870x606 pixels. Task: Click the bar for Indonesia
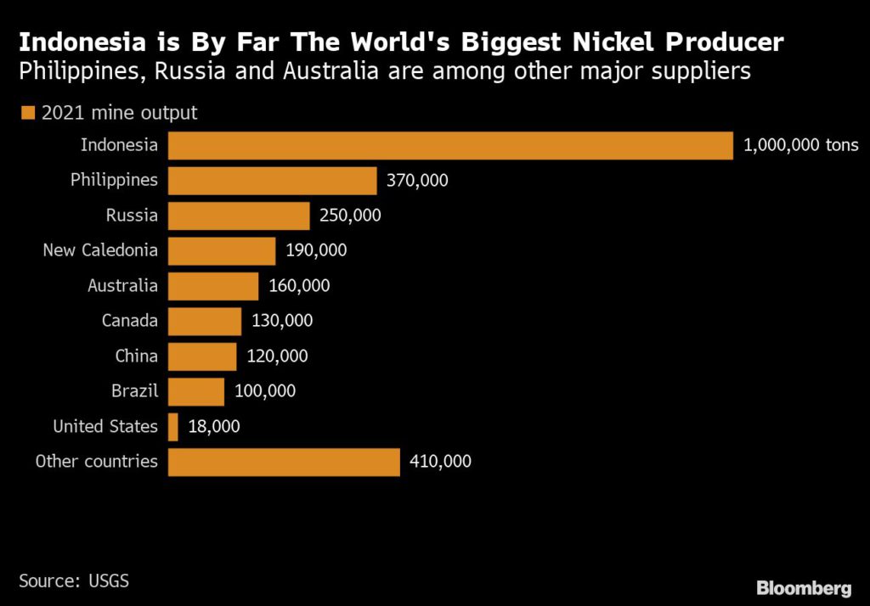pos(450,145)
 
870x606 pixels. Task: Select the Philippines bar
pos(272,181)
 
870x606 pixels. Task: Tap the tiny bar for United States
pos(173,427)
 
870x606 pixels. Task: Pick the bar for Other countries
pos(284,462)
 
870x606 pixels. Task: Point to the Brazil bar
pos(196,392)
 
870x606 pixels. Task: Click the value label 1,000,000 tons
pos(801,145)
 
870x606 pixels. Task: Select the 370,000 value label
pos(417,181)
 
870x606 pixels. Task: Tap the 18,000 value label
pos(213,427)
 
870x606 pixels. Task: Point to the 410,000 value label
pos(440,462)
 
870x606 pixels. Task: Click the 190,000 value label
pos(317,251)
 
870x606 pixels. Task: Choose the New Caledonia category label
pos(100,250)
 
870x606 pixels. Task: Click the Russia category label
pos(132,216)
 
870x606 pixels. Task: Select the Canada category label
pos(129,321)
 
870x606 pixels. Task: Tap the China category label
pos(136,356)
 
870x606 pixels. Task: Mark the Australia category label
pos(122,286)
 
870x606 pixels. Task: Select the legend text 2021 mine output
pos(119,113)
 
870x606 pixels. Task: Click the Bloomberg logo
pos(804,587)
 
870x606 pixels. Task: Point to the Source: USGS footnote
pos(74,581)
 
